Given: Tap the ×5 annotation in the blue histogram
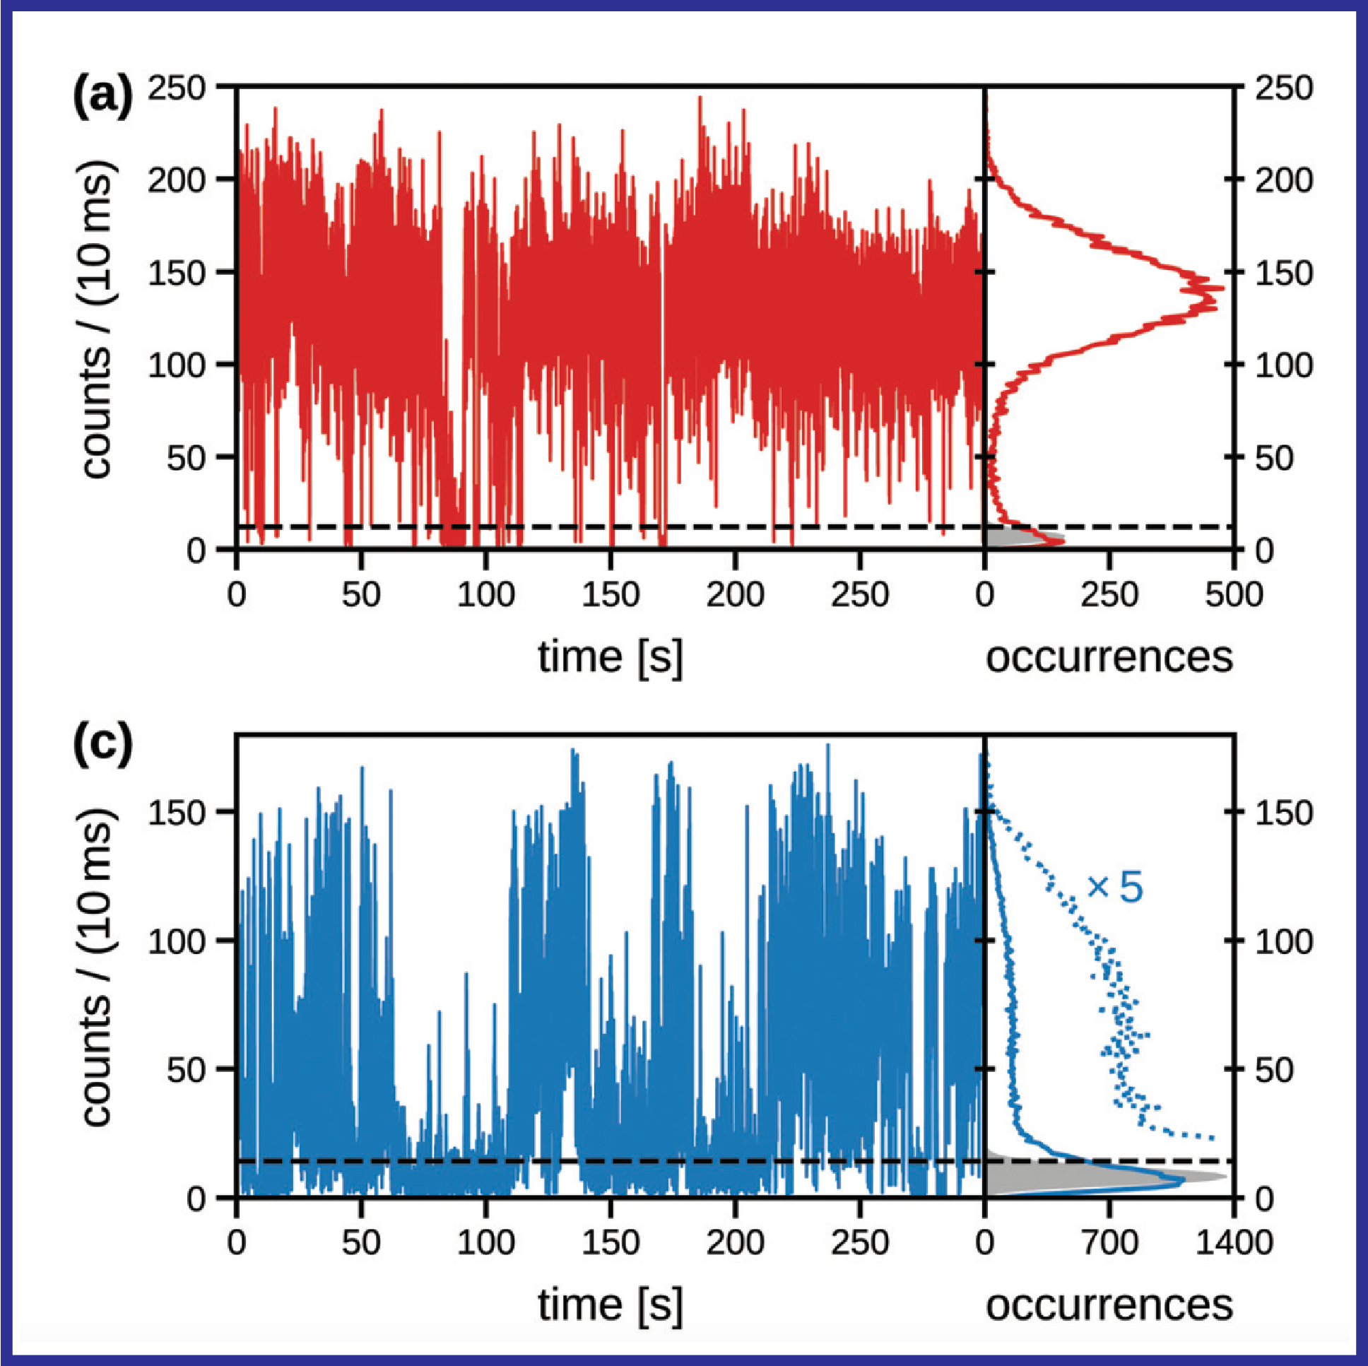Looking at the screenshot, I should point(1115,888).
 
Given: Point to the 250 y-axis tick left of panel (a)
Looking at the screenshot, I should point(177,88).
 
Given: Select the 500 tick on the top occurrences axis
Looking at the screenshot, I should point(1234,594).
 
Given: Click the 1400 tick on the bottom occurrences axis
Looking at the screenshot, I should point(1234,1242).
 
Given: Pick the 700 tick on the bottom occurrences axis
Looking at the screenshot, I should point(1109,1242).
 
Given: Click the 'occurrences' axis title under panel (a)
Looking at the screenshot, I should point(1109,657).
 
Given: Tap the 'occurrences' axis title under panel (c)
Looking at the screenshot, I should point(1109,1305).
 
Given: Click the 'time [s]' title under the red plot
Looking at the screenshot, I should point(611,657).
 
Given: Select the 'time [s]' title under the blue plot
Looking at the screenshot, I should point(611,1305).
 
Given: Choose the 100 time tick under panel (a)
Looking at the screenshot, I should point(485,594).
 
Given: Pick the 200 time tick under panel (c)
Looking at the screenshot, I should point(735,1242).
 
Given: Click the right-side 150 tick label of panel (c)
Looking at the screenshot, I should point(1284,813).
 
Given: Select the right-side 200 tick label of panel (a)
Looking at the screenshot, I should point(1284,181).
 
